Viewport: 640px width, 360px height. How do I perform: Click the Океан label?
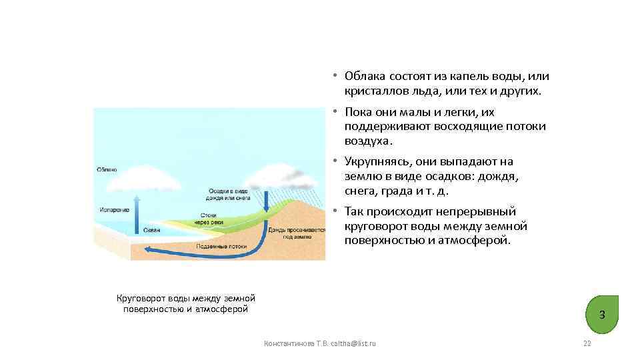point(152,230)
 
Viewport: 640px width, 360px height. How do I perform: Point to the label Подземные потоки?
point(222,246)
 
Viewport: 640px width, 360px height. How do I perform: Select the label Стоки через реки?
point(213,219)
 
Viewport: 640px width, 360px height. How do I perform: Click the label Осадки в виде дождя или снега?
point(229,194)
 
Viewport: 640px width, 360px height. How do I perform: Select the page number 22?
point(587,343)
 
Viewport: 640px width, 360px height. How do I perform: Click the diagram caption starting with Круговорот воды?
point(186,303)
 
